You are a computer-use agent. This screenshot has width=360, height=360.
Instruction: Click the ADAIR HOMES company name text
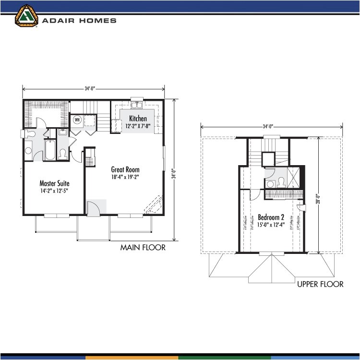click(79, 21)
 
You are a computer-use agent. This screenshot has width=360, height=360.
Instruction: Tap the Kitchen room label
click(138, 119)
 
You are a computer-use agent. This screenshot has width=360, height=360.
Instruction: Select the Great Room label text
click(125, 169)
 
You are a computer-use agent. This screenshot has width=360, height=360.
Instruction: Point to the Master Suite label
click(54, 183)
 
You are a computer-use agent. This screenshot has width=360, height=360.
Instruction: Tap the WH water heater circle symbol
click(77, 120)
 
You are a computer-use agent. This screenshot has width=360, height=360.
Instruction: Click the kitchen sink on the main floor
click(136, 107)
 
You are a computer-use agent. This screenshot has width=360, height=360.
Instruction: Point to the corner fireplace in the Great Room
click(155, 205)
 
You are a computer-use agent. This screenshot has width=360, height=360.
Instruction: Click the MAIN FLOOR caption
click(143, 248)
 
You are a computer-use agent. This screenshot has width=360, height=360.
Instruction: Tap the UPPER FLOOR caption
click(320, 284)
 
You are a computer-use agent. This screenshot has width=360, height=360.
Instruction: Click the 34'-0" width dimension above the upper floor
click(271, 127)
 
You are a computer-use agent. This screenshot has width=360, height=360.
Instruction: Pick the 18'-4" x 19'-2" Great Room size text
click(125, 177)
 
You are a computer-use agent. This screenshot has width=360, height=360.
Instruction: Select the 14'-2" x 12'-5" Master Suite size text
click(54, 191)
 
